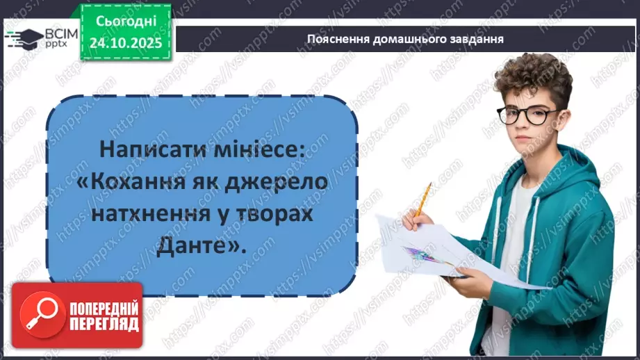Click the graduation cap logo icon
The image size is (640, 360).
(x=26, y=36)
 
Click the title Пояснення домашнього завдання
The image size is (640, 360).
(x=405, y=39)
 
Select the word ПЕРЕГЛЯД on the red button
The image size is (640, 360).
(x=103, y=325)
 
